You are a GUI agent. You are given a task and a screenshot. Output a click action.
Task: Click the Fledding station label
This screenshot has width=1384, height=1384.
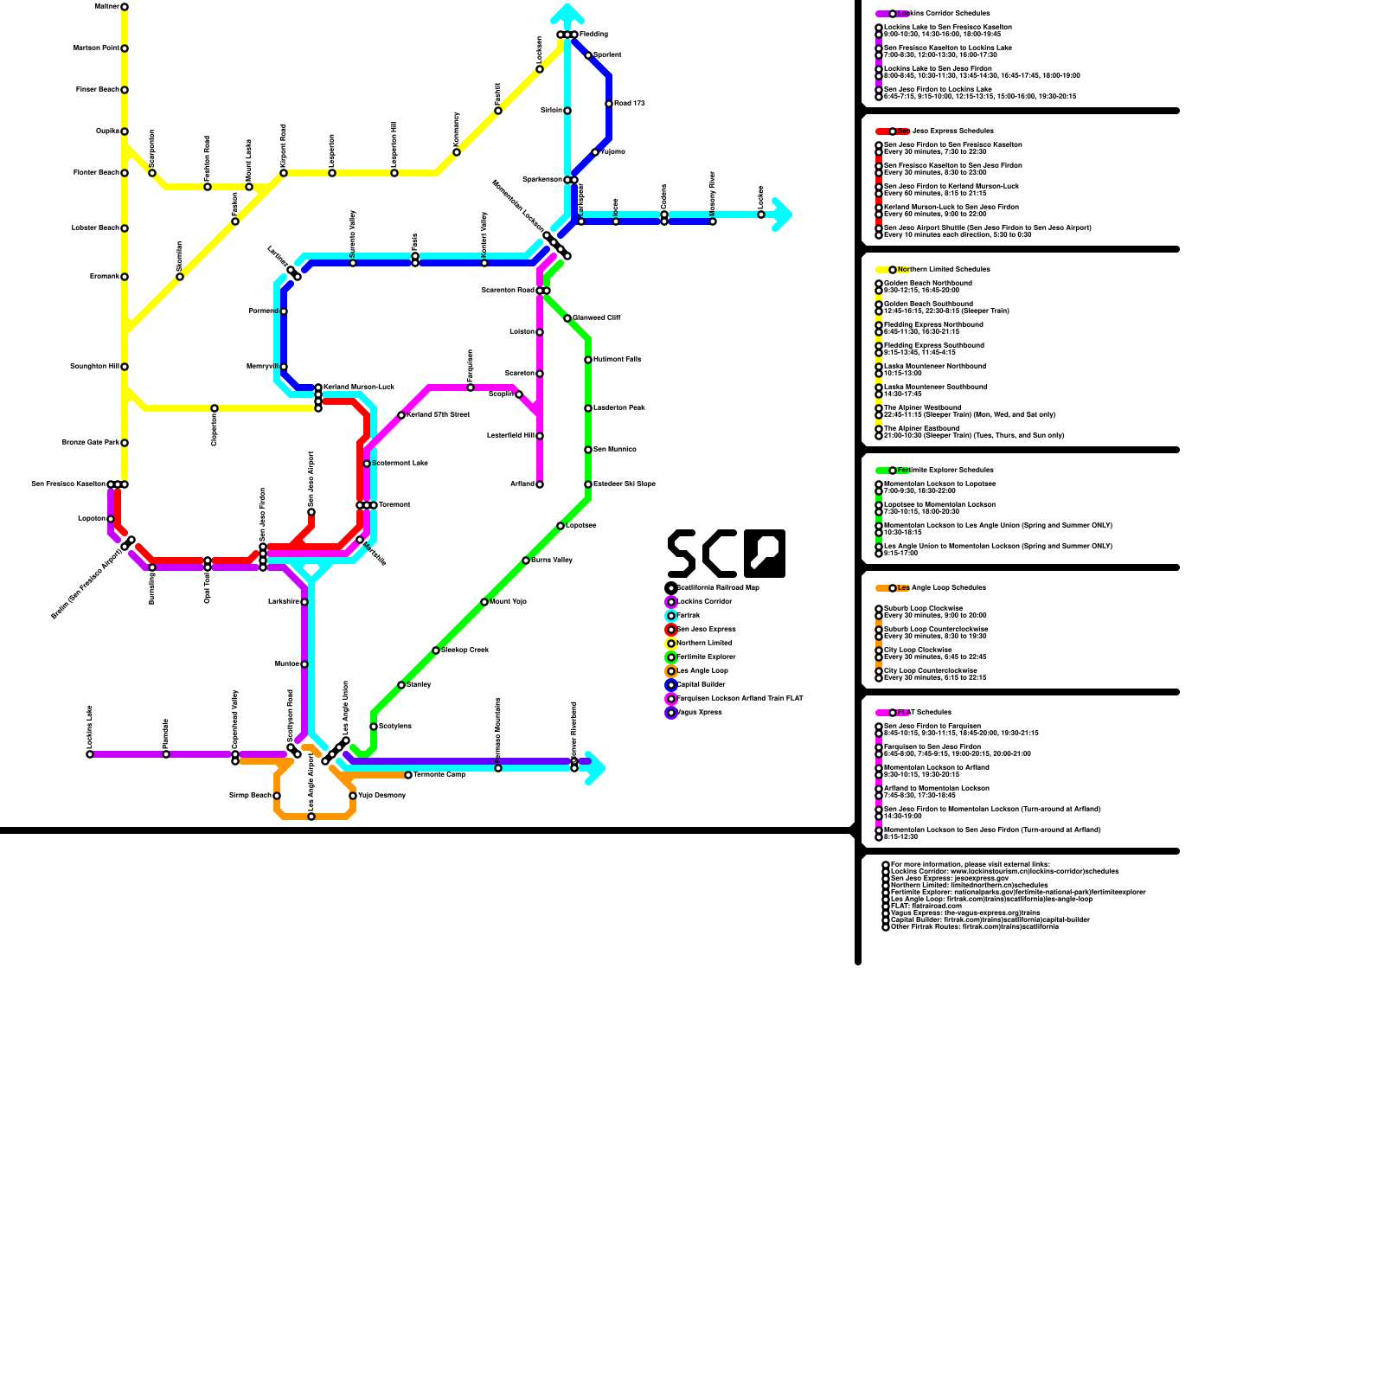point(594,35)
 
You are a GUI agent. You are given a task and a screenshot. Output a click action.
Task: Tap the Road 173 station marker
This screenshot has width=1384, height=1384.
point(609,104)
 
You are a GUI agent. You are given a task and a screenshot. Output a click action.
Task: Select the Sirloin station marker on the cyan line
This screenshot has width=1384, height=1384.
point(567,111)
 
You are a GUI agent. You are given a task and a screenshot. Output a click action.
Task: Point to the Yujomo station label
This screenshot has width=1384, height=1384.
point(613,152)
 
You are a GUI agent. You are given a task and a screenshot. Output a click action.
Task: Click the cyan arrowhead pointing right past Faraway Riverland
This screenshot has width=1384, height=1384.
point(595,768)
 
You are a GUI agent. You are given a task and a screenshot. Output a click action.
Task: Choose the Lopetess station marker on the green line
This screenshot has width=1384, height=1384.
point(561,526)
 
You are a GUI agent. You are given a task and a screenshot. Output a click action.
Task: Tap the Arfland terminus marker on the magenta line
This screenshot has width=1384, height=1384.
point(540,484)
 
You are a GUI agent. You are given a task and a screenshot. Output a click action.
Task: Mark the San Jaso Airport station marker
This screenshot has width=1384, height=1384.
point(311,512)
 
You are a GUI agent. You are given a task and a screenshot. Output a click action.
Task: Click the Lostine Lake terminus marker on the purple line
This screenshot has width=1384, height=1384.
point(90,754)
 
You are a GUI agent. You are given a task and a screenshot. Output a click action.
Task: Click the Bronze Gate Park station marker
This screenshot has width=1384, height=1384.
point(125,443)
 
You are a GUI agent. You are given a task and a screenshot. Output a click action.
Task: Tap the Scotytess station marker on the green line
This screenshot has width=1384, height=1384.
point(374,727)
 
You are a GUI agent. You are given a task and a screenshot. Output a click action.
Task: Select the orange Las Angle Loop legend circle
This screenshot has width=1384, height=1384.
point(671,671)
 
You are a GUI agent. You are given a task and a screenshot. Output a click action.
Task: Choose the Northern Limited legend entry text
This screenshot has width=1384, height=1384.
point(704,644)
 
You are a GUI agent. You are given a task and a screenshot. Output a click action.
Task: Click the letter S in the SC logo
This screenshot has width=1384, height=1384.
point(682,554)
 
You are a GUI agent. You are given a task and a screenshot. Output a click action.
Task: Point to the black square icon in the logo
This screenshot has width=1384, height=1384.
point(765,554)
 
